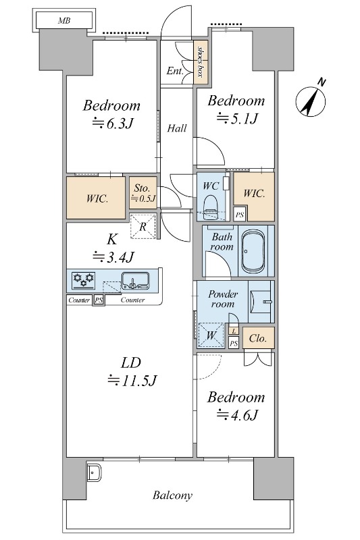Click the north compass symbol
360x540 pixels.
click(x=311, y=99)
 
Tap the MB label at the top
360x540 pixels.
click(x=64, y=21)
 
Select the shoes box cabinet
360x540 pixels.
click(x=200, y=62)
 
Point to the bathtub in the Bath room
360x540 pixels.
click(x=253, y=251)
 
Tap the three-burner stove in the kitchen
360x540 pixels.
click(x=83, y=280)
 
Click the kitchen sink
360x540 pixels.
click(x=135, y=280)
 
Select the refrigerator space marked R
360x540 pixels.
click(x=143, y=226)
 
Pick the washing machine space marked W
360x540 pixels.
click(x=211, y=335)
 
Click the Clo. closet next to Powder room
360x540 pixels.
click(x=259, y=338)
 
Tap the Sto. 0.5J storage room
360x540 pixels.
click(x=143, y=192)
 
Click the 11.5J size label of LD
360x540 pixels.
click(x=132, y=380)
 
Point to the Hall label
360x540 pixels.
click(x=177, y=128)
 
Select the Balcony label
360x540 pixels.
click(x=172, y=495)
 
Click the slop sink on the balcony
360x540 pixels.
click(x=94, y=473)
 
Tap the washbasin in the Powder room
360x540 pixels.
click(x=262, y=302)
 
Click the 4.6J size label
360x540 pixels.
click(x=237, y=414)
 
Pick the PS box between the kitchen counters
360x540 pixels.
click(x=99, y=300)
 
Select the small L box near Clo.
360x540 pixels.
click(x=234, y=331)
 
